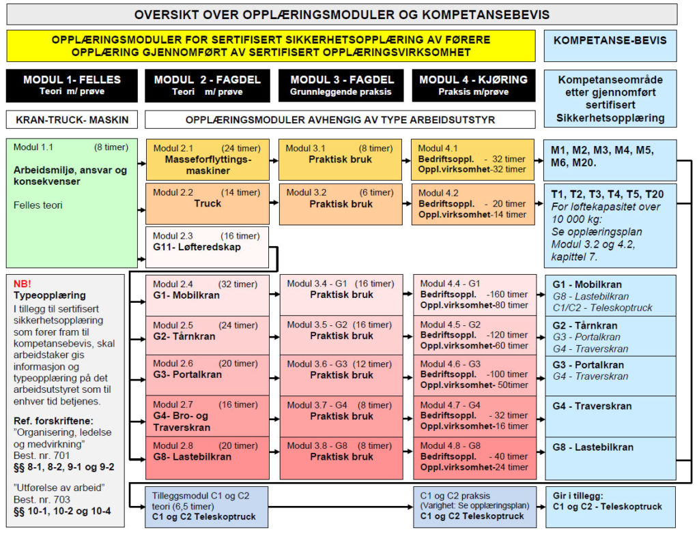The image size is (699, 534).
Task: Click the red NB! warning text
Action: coord(23,284)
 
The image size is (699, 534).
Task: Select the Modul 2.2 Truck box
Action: coord(208,203)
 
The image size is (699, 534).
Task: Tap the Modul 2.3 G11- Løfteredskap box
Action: coord(208,247)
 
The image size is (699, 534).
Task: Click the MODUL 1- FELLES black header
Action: coord(72,85)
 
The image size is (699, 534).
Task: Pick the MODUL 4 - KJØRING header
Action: coord(474,85)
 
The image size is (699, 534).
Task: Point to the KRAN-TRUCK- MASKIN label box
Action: coord(72,120)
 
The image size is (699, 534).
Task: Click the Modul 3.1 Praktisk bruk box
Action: coord(340,160)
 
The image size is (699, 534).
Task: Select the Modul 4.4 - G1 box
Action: coord(475,295)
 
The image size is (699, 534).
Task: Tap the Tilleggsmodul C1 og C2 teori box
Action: coord(207,507)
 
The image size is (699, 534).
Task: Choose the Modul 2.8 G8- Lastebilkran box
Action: coord(208,458)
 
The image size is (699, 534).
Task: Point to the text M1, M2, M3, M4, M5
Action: coord(602,150)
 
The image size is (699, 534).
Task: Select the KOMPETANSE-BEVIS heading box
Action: coord(610,46)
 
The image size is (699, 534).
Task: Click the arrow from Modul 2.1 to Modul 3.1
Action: coord(274,160)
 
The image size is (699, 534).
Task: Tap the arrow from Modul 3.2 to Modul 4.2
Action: coord(407,203)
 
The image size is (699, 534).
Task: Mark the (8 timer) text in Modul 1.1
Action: coord(111,147)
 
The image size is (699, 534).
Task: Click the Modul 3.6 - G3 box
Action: coord(341,376)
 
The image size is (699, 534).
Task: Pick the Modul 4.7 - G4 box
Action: coord(475,417)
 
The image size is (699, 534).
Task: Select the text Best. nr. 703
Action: coord(42,500)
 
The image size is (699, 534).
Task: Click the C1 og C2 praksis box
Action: coord(475,507)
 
